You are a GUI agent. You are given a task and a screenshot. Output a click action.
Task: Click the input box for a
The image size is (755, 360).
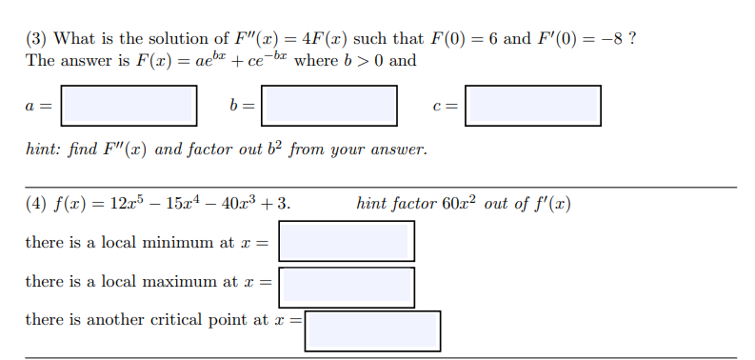click(x=129, y=105)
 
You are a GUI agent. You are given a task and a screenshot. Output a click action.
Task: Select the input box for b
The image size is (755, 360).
click(x=329, y=105)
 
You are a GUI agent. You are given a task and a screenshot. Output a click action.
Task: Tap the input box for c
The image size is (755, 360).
click(x=533, y=105)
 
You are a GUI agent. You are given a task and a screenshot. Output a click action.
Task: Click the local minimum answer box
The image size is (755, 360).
click(x=347, y=241)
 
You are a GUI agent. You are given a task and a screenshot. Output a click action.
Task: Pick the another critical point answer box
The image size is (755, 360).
click(x=372, y=330)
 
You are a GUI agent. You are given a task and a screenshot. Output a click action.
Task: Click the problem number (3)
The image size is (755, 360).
click(x=36, y=39)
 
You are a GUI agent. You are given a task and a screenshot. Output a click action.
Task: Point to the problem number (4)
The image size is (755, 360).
click(x=36, y=204)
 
